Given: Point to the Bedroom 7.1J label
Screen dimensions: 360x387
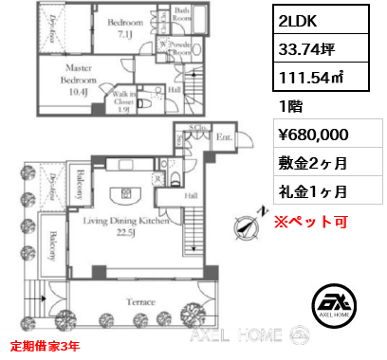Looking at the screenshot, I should [x=124, y=28].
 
